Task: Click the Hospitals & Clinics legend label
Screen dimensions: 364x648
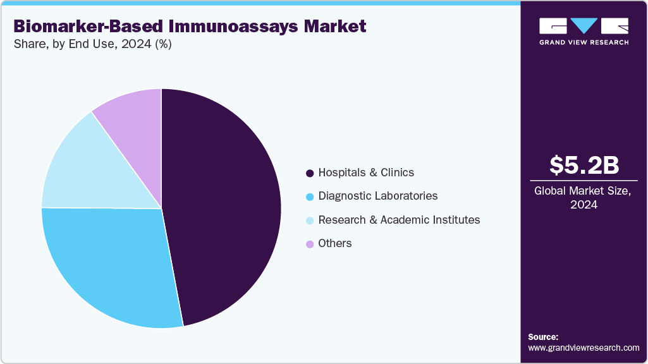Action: (366, 173)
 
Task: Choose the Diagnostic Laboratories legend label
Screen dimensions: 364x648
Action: (378, 196)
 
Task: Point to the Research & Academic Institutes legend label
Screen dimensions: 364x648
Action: (399, 220)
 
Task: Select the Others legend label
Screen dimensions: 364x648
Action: (335, 243)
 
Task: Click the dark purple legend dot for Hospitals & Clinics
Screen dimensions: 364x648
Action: (310, 173)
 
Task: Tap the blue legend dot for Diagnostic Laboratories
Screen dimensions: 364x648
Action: (310, 197)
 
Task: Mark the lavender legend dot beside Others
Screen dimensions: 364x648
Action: (310, 244)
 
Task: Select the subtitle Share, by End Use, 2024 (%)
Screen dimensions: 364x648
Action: (92, 44)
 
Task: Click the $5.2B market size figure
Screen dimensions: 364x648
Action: (584, 166)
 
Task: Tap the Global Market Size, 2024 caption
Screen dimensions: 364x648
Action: (584, 197)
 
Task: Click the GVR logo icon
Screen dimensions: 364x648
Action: (584, 26)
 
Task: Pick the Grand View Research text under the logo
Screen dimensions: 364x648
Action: (584, 42)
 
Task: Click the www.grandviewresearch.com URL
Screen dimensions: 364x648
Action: (584, 348)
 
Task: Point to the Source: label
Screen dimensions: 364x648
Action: (543, 337)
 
